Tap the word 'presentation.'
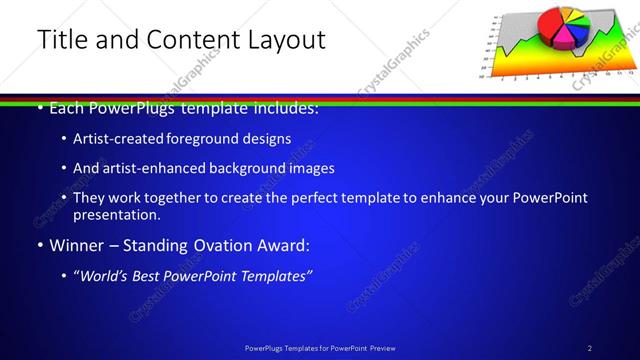(x=117, y=214)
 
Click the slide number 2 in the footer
(x=590, y=348)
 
